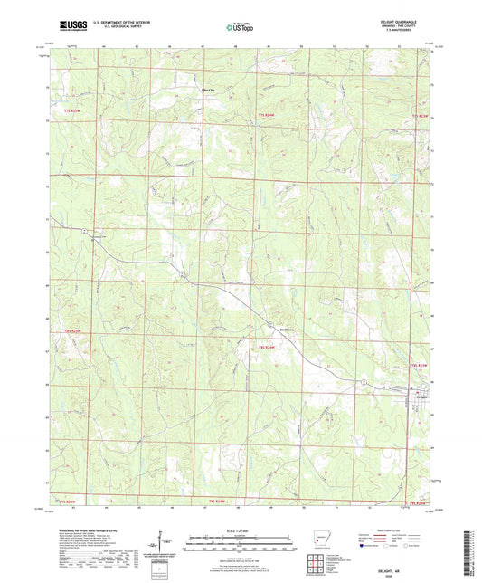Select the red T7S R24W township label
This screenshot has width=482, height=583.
pos(265,115)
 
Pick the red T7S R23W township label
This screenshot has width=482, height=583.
pos(419,115)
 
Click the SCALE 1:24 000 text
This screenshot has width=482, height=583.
pos(241,530)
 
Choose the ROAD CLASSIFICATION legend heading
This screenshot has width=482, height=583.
pos(407,531)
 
